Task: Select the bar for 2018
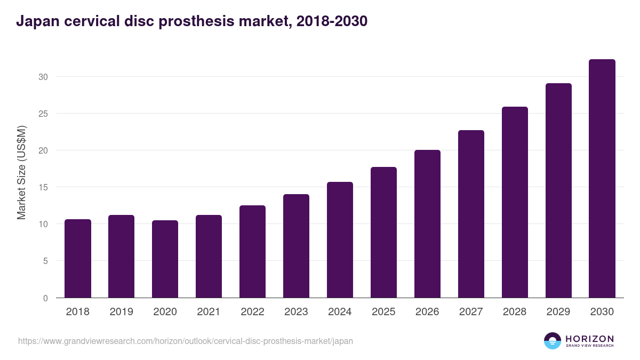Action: click(x=78, y=259)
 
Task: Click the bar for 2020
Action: click(x=165, y=259)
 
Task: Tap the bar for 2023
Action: click(x=297, y=246)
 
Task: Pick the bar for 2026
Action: click(x=428, y=224)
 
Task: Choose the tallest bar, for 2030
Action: click(x=602, y=179)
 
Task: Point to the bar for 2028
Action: click(x=515, y=202)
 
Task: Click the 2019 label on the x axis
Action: click(x=122, y=312)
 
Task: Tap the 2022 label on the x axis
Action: click(x=253, y=312)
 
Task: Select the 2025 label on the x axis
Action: click(x=384, y=312)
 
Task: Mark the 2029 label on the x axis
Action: click(x=558, y=312)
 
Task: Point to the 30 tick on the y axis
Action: click(x=43, y=77)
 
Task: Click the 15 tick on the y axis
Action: click(x=43, y=187)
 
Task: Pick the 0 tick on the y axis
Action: click(x=45, y=298)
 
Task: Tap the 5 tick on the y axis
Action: click(x=45, y=261)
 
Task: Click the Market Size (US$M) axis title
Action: click(x=21, y=172)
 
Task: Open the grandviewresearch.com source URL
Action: click(x=186, y=341)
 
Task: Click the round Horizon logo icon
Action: click(x=553, y=341)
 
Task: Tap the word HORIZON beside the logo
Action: click(x=590, y=339)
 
